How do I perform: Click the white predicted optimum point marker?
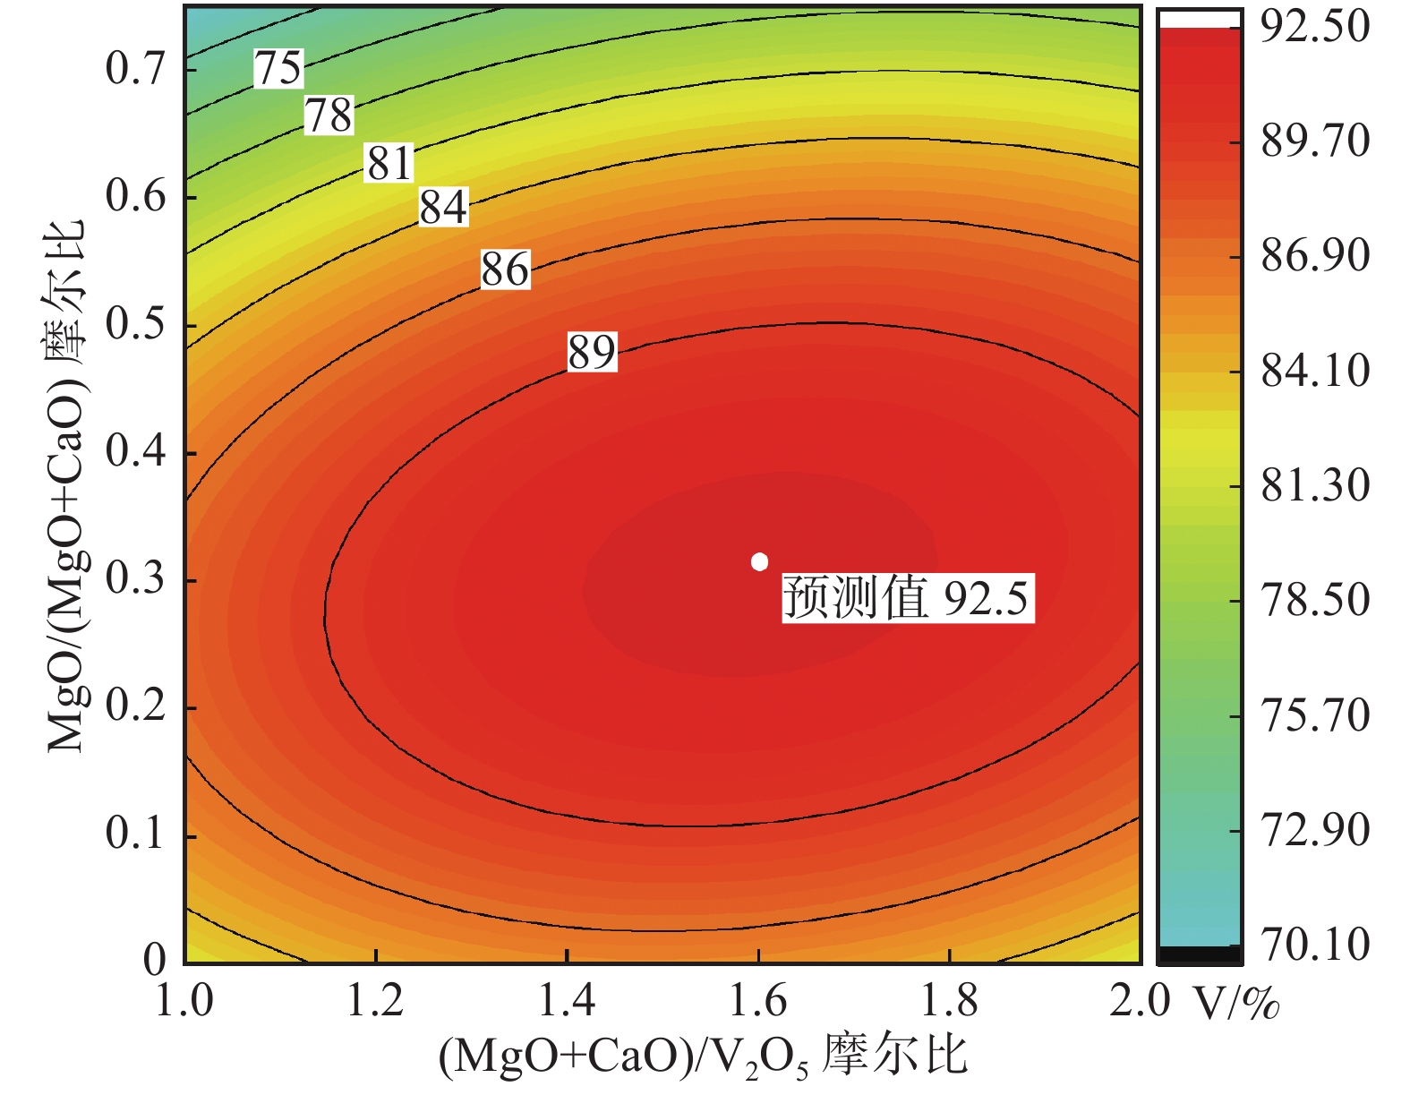759,561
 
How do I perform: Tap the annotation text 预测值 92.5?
907,598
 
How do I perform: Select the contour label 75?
279,69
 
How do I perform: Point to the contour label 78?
329,115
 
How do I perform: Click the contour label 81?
389,163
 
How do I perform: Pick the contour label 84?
443,208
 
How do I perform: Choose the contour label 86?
505,269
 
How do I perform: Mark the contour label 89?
592,352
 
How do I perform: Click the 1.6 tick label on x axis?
758,1000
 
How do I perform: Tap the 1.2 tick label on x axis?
376,1000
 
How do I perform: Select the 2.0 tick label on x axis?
1139,1000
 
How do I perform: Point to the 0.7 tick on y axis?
136,68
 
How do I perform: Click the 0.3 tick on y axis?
136,579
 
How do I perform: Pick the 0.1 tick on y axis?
136,834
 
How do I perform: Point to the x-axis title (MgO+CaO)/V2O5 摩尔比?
704,1057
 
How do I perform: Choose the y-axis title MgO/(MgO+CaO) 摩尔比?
67,483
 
